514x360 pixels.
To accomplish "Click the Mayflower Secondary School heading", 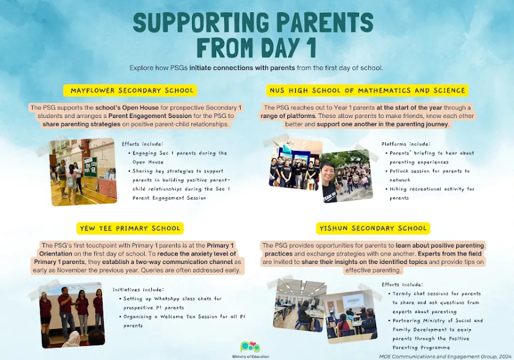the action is pos(132,91).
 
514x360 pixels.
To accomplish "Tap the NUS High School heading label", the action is pos(368,91).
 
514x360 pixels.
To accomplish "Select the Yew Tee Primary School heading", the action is pos(130,229).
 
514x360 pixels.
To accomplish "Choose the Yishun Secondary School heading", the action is pos(373,229).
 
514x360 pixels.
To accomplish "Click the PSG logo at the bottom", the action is pos(250,347).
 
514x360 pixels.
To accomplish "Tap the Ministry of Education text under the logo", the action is pos(251,356).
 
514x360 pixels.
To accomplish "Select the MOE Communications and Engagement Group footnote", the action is pos(445,356).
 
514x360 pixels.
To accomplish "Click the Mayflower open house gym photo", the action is pos(83,172).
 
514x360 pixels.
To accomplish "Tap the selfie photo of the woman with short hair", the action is pos(346,176).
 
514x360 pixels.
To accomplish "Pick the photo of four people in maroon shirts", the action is pos(73,315).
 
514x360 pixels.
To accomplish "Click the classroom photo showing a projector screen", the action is pos(351,317).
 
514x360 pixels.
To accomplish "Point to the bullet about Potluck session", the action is pos(430,176).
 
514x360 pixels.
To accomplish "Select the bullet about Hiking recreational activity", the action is pos(430,193).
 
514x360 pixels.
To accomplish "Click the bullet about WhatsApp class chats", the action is pos(171,303).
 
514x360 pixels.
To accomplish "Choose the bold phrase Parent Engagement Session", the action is pos(150,116).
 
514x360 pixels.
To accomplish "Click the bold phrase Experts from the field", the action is pos(450,254).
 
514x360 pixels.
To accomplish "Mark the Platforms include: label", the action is pos(406,144).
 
